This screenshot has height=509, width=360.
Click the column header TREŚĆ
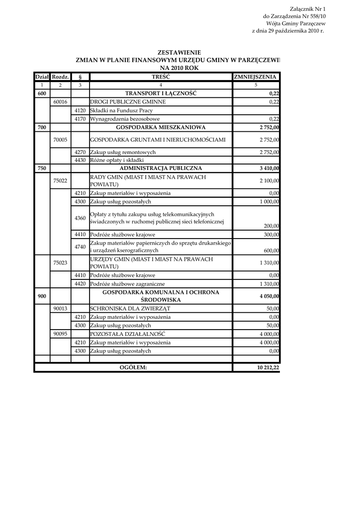pos(161,77)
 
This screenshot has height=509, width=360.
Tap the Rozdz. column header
pos(60,77)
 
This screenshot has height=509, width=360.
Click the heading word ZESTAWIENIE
pos(179,52)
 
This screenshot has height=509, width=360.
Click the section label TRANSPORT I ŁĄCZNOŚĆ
pos(161,93)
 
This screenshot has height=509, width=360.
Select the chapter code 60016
pos(60,102)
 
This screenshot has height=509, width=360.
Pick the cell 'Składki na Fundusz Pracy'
pos(121,110)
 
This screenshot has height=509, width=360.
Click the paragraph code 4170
pos(80,119)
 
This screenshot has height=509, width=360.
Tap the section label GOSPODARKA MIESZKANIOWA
pos(161,127)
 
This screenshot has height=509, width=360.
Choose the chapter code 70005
pos(60,140)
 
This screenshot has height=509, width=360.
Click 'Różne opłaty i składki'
pos(117,160)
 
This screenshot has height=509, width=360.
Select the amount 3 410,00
pos(269,169)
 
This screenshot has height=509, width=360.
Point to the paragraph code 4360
pos(80,218)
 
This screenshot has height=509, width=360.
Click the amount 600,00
pos(271,251)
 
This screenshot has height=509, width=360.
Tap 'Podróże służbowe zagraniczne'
pos(127,283)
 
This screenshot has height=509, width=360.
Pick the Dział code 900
pos(42,296)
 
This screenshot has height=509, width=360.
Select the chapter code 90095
pos(60,334)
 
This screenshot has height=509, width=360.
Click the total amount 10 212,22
pos(267,367)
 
